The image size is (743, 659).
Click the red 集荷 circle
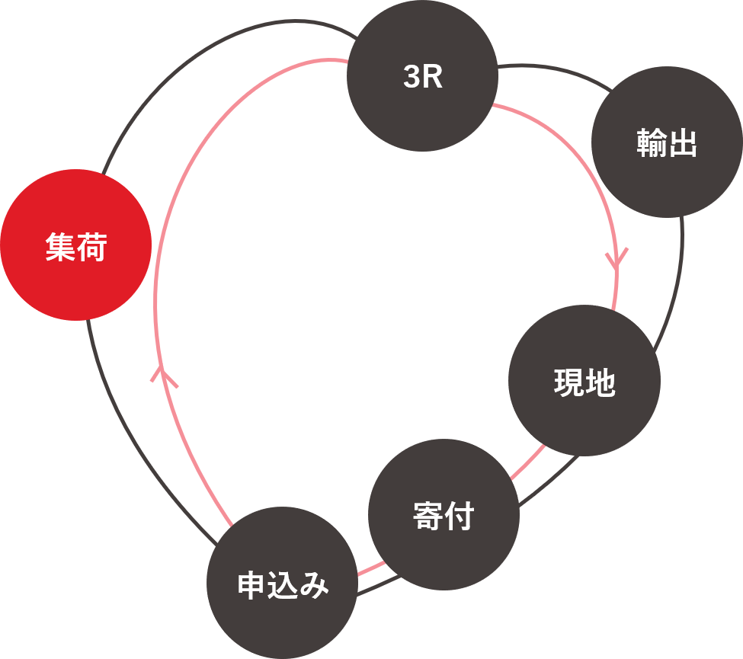(75, 245)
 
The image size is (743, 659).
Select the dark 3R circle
(422, 76)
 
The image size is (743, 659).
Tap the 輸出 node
(667, 142)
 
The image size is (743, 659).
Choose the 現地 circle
(584, 381)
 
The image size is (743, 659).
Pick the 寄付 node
(444, 514)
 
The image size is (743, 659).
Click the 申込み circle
(282, 583)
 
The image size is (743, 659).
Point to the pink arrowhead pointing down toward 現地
(616, 258)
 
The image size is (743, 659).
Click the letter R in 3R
(433, 77)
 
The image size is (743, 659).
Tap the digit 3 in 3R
(412, 77)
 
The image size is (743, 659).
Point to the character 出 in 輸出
(683, 143)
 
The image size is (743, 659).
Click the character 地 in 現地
(600, 382)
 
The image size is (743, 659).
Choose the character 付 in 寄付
(460, 515)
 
